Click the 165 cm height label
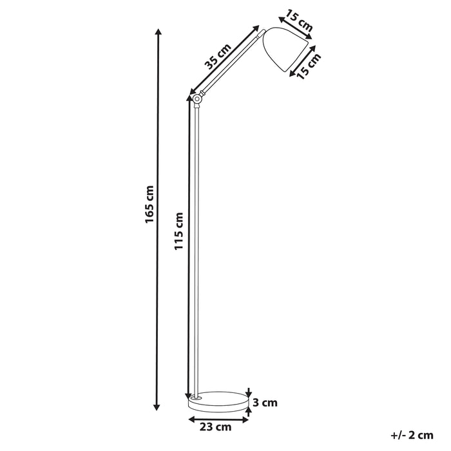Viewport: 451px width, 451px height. [x=149, y=205]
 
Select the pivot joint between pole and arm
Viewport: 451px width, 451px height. [x=197, y=99]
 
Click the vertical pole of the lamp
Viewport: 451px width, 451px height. [x=196, y=245]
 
